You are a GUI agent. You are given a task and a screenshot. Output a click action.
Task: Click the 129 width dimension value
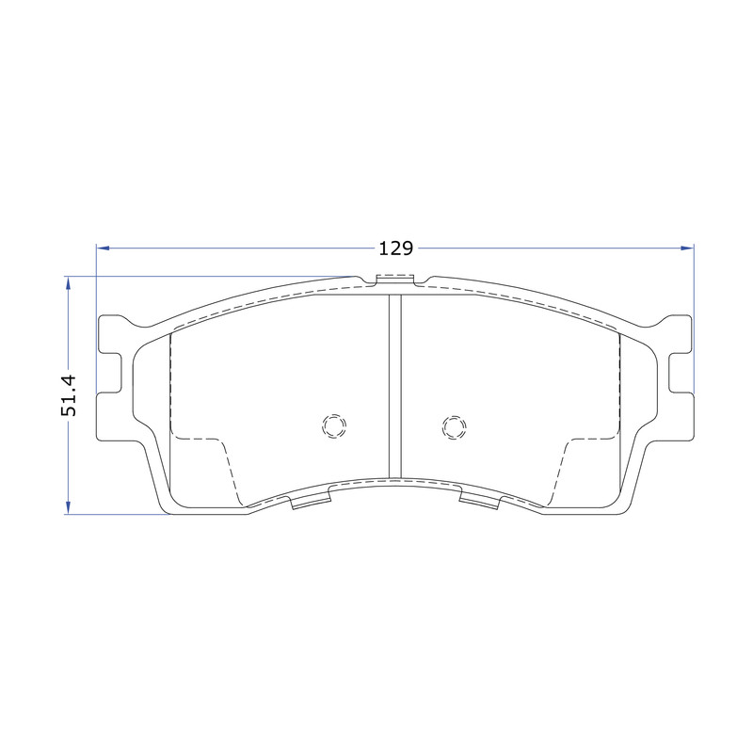click(x=395, y=248)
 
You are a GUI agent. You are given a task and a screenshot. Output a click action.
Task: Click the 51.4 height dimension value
click(x=69, y=395)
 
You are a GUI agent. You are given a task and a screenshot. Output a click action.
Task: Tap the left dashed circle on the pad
click(x=334, y=425)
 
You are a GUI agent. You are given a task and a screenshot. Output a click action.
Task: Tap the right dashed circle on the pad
click(x=455, y=427)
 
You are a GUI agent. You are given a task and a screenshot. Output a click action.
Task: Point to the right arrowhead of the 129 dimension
click(x=688, y=248)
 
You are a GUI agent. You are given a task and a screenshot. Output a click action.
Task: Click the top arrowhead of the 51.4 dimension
click(x=68, y=283)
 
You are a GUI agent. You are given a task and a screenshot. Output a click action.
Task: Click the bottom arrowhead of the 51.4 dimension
click(x=68, y=507)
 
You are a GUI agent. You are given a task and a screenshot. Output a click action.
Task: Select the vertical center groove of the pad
click(x=394, y=387)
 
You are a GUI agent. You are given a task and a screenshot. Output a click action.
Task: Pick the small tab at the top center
click(x=394, y=280)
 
